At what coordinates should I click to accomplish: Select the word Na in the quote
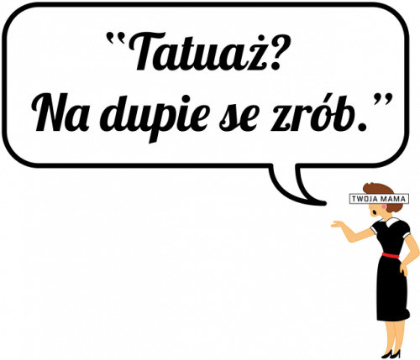[x=60, y=112]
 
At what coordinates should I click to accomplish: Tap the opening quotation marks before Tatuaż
[x=115, y=39]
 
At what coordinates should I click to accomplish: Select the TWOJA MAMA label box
[x=379, y=199]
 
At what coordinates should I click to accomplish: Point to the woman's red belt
[x=391, y=255]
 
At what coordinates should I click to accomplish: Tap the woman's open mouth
[x=374, y=213]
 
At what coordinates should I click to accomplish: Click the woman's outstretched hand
[x=338, y=225]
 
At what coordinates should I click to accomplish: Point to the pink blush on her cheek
[x=383, y=207]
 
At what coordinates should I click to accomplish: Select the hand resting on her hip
[x=403, y=269]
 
